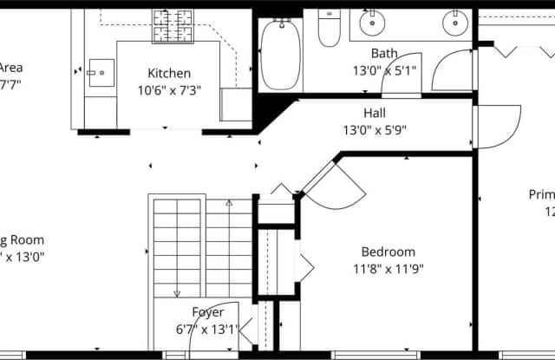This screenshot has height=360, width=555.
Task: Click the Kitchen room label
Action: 168,74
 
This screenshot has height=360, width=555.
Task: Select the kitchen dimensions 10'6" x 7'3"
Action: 168,90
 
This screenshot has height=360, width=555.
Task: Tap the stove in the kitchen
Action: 173,25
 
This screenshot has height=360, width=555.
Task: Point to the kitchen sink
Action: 100,69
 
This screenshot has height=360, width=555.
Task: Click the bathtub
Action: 280,54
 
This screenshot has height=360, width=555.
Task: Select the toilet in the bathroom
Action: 329,29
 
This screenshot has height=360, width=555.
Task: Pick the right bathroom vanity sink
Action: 454,24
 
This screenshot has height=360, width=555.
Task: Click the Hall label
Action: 375,113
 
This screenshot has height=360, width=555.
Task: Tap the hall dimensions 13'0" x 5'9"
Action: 375,130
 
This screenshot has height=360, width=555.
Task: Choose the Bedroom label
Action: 388,252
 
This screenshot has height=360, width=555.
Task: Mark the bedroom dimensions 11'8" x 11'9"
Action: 388,268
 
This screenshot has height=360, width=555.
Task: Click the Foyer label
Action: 207,312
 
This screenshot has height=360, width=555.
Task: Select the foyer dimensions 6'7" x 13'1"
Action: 207,329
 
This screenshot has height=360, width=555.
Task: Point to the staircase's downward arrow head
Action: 177,293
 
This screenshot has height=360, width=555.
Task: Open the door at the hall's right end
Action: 499,127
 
